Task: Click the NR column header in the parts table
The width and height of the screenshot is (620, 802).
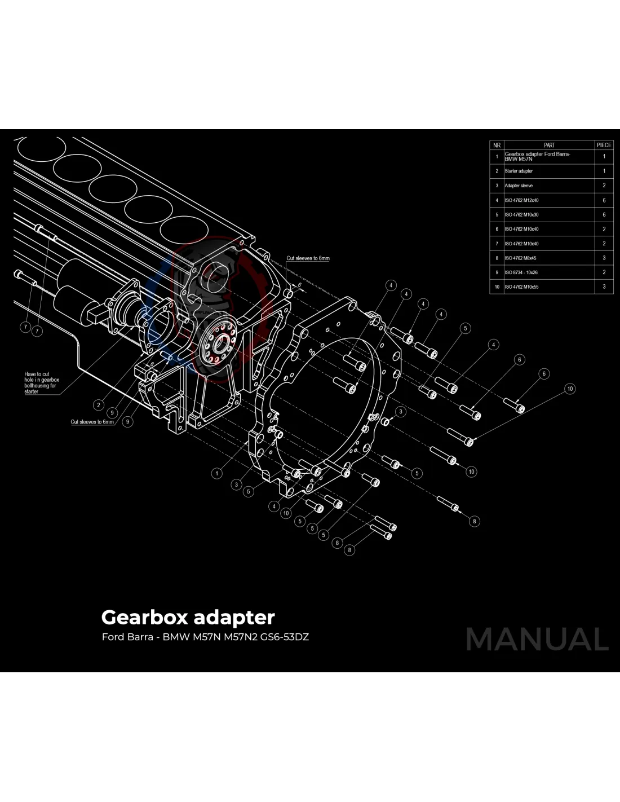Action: (x=497, y=145)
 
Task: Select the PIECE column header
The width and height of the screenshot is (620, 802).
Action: (x=604, y=145)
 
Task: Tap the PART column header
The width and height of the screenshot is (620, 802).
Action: (x=549, y=145)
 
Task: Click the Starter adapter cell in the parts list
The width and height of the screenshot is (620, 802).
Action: (x=519, y=171)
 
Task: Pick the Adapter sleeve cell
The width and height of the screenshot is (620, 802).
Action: (x=519, y=186)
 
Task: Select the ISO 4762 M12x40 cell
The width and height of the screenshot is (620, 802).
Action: (x=521, y=200)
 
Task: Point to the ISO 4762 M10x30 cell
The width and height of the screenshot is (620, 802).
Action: (x=521, y=215)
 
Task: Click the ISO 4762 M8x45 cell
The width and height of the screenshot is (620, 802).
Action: (x=520, y=258)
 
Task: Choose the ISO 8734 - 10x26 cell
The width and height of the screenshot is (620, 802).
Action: (x=521, y=272)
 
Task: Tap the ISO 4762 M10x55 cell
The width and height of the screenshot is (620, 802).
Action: (x=521, y=287)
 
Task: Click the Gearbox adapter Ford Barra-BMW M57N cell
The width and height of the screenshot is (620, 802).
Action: (x=537, y=156)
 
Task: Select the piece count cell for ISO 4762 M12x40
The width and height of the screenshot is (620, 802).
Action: (x=604, y=200)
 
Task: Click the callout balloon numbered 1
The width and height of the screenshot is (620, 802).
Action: (x=217, y=473)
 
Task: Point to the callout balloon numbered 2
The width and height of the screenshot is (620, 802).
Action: (x=99, y=404)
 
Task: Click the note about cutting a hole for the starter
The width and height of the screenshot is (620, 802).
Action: (x=41, y=382)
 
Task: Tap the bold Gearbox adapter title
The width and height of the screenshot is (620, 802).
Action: (x=188, y=617)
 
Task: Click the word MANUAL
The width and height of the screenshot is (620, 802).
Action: (x=537, y=640)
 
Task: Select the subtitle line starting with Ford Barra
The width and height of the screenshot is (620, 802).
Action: (x=205, y=637)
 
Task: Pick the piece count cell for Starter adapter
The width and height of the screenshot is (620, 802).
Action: (x=604, y=171)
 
